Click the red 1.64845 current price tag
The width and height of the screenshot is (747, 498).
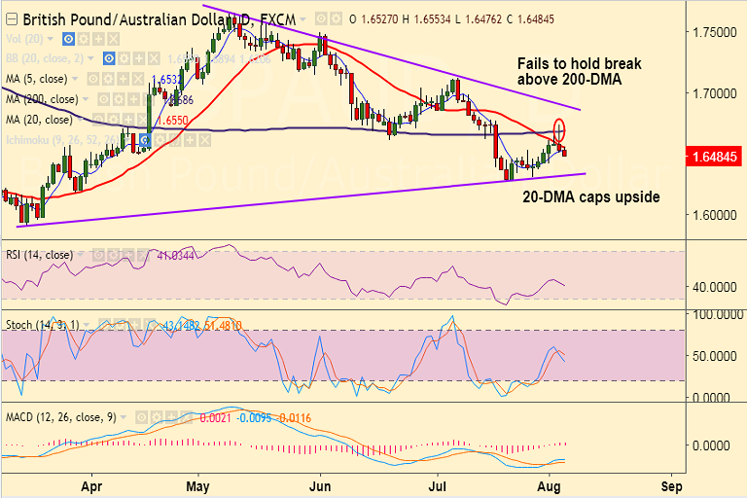[716, 155]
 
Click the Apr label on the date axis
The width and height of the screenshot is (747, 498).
[91, 484]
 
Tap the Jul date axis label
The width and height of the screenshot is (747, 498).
[437, 484]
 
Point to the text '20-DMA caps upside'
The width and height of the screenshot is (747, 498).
[590, 196]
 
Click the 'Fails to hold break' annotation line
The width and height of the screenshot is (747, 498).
[579, 63]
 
